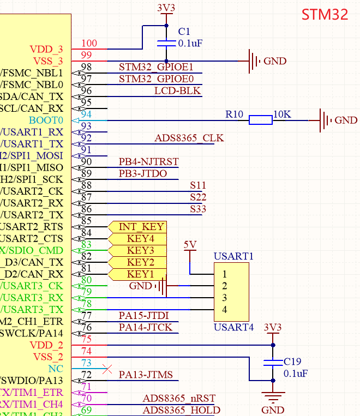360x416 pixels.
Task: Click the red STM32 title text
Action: click(325, 14)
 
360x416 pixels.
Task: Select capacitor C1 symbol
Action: click(166, 43)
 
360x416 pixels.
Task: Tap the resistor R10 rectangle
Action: click(261, 120)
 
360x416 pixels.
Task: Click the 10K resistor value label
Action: click(282, 114)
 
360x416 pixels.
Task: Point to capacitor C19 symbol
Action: click(273, 363)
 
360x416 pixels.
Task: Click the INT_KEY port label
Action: click(137, 227)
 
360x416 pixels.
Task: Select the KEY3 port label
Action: click(137, 250)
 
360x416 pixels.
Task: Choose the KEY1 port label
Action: click(137, 274)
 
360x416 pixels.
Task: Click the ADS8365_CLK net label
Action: click(189, 138)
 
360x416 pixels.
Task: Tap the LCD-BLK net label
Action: click(178, 91)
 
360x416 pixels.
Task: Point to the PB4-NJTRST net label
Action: click(149, 161)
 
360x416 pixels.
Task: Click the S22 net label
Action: click(198, 197)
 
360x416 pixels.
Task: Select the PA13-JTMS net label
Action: click(146, 375)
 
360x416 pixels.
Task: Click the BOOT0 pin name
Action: click(46, 120)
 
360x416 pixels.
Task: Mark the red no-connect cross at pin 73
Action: click(107, 369)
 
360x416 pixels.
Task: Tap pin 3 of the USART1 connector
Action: click(225, 298)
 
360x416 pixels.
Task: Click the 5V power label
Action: click(190, 245)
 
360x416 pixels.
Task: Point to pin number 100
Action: click(89, 43)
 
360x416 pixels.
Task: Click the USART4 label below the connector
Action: click(233, 327)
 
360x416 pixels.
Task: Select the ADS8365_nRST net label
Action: click(179, 398)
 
